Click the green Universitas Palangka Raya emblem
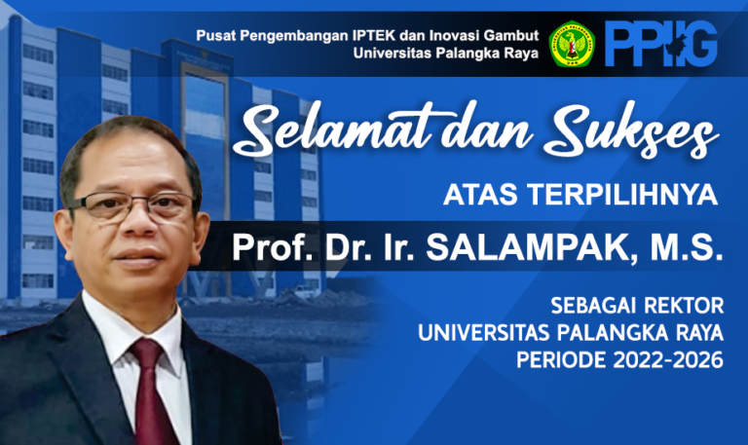(572, 44)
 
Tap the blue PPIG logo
(661, 44)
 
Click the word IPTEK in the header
(374, 36)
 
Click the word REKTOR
(683, 306)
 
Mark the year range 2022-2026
(668, 360)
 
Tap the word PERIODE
(561, 360)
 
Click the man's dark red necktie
(153, 391)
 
